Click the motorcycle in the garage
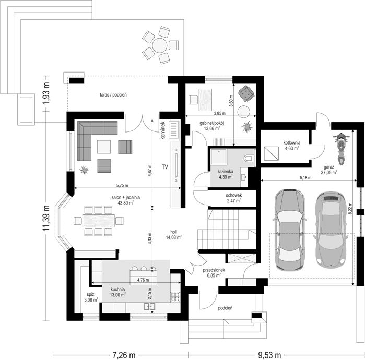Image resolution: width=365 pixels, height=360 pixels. click(x=342, y=149)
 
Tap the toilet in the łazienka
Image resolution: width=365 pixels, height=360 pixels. click(x=249, y=159)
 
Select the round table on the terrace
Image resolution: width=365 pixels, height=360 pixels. click(x=160, y=45)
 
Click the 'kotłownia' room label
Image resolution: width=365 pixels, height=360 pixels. click(x=292, y=142)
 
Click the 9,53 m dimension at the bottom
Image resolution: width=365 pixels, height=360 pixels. click(x=269, y=355)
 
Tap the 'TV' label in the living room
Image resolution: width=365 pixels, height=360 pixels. click(x=165, y=166)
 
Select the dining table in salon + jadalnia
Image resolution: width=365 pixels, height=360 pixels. click(x=99, y=221)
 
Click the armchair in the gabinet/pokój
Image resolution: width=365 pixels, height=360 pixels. click(x=246, y=93)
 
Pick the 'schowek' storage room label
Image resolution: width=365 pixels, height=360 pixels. click(x=234, y=195)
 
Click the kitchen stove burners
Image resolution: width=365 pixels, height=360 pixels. click(x=175, y=297)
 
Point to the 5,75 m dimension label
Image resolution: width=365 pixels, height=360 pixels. click(x=122, y=185)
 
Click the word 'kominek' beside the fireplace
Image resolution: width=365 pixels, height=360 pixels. click(x=163, y=130)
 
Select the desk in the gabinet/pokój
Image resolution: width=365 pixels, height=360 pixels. click(x=205, y=100)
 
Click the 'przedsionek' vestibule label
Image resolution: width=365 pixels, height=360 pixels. click(x=214, y=270)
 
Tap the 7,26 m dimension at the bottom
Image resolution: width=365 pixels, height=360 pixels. click(x=124, y=355)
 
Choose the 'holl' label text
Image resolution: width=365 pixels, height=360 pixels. click(x=174, y=232)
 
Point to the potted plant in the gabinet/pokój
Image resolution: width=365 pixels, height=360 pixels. click(x=246, y=127)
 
